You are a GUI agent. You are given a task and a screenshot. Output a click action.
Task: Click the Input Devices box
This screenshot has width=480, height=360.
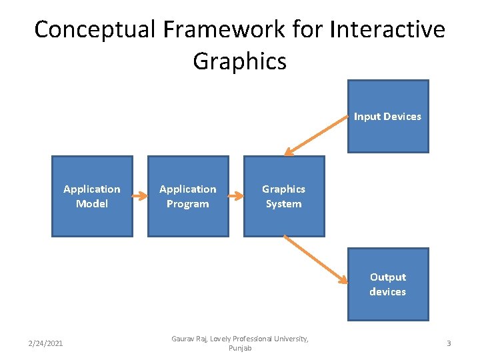[x=388, y=117]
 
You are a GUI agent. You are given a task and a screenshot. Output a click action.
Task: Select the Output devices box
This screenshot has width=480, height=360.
[x=388, y=284]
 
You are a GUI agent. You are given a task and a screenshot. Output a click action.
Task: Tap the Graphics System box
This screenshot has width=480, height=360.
[x=284, y=197]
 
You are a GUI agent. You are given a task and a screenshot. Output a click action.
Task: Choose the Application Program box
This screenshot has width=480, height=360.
[x=188, y=197]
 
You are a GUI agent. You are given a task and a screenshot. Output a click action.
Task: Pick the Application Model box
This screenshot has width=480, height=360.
[x=92, y=197]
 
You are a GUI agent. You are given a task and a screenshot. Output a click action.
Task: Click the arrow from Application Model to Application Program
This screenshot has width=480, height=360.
[x=140, y=197]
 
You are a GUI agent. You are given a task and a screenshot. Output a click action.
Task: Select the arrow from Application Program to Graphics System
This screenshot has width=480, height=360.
[x=236, y=197]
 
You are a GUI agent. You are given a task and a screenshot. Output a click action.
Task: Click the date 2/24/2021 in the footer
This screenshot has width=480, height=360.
[x=45, y=343]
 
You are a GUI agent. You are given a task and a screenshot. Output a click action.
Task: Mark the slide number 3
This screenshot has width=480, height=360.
[x=449, y=343]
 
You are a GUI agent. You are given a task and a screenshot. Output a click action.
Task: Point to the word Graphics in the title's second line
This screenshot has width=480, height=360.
[x=239, y=61]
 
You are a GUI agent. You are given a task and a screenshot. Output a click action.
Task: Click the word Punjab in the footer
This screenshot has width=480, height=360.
[x=240, y=349]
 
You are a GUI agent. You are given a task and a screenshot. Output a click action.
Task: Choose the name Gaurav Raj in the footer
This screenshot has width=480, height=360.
[x=189, y=339]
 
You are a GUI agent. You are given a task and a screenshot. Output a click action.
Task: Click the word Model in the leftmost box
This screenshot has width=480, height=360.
[x=92, y=204]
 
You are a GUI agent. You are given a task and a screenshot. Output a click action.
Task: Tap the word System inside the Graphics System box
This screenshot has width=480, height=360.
[x=284, y=204]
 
